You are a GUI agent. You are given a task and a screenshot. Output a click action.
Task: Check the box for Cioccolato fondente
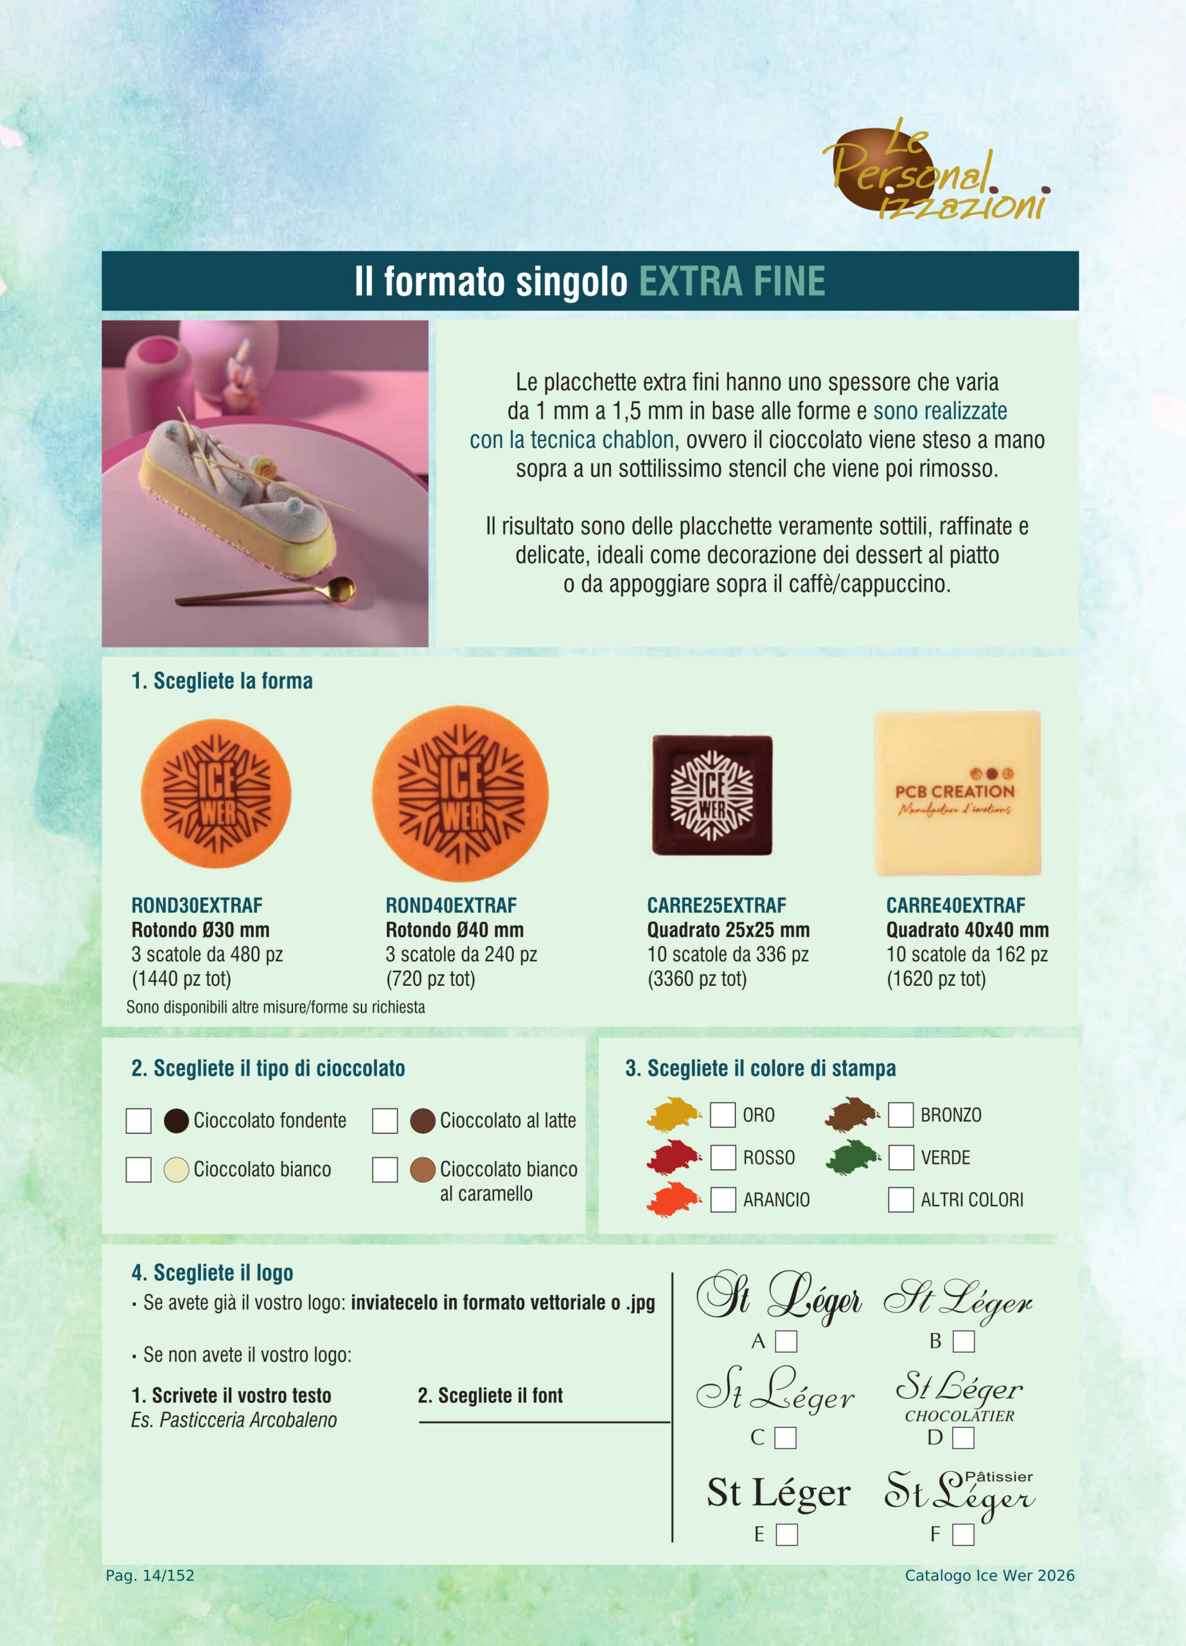139,1121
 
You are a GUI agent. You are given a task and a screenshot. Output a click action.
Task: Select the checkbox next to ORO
723,1115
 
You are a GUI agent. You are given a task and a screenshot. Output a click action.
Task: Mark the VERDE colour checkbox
901,1157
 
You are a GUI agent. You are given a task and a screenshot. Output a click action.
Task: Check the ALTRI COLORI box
901,1200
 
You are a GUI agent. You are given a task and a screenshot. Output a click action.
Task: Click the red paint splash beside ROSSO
673,1157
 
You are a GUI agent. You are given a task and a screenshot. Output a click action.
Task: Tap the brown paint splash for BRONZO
852,1115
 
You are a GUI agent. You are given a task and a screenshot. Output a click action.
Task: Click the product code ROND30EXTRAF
197,906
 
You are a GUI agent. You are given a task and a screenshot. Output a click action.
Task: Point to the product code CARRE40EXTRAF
955,906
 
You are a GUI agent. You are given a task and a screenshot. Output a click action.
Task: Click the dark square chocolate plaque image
712,795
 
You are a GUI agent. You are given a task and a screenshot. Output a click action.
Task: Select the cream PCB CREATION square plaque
957,793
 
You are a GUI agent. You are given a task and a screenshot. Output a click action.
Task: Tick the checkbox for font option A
786,1341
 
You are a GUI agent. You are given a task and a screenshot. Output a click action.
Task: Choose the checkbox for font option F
962,1535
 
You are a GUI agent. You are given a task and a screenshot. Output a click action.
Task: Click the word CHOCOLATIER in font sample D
959,1416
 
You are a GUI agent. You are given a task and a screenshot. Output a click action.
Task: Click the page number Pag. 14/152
150,1576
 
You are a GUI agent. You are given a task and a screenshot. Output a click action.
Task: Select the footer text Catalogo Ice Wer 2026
989,1576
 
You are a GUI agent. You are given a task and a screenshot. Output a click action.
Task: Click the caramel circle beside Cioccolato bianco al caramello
422,1170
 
